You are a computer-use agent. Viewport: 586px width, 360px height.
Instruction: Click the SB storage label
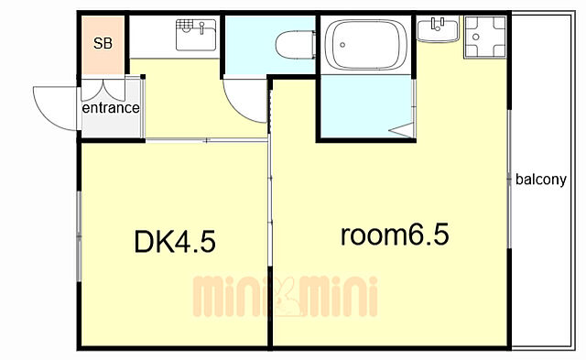coord(103,43)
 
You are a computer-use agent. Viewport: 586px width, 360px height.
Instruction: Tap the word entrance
coord(111,108)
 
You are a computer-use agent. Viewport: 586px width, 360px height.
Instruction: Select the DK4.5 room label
coord(175,242)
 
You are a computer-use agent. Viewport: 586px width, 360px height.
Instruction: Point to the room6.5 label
coord(395,235)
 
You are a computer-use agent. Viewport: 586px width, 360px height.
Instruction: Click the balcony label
coord(541,180)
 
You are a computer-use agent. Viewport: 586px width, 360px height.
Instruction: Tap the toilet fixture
coord(296,45)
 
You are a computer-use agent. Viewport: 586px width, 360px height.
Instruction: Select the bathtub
coord(366,45)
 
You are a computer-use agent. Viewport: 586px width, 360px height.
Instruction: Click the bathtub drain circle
coord(342,45)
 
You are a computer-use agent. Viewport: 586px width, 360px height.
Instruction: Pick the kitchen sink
coord(196,35)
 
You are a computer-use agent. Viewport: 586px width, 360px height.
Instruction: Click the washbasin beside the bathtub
coord(438,29)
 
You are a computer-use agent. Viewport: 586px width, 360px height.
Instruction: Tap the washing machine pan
coord(485,37)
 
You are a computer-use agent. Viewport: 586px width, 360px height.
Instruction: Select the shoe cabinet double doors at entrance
coord(103,90)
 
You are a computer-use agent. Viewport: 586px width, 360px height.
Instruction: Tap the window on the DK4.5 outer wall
coord(80,236)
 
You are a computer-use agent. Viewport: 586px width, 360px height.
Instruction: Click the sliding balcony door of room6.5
coord(509,179)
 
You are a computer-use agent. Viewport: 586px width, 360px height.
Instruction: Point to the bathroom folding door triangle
coord(401,130)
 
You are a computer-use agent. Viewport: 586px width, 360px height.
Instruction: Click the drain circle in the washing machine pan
coord(476,37)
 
